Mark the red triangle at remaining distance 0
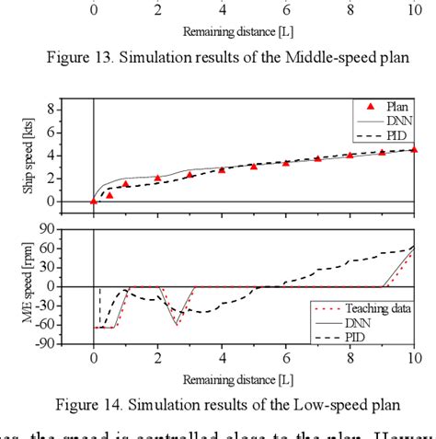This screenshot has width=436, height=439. tap(94, 200)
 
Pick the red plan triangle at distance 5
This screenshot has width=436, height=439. tap(254, 167)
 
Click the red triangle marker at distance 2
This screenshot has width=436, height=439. tap(158, 178)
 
